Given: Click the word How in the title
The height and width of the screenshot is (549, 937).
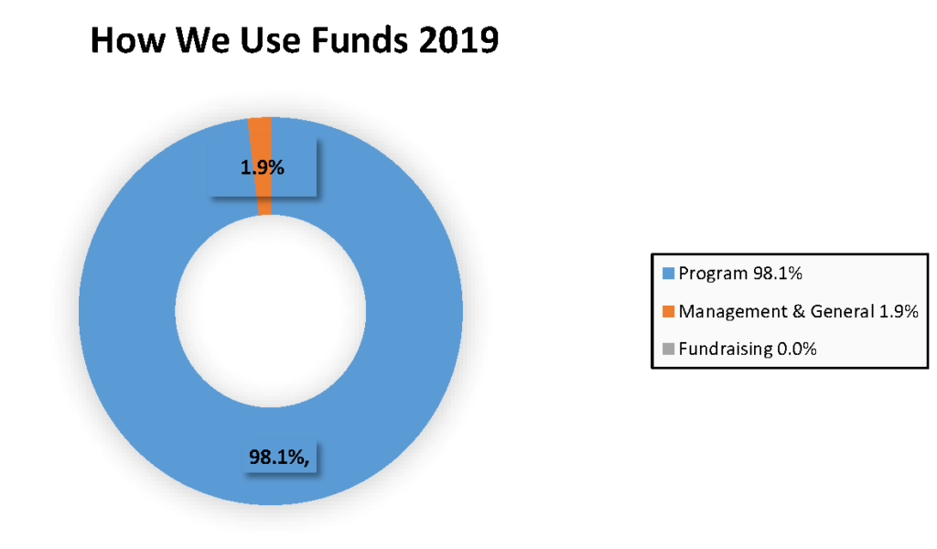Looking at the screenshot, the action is pyautogui.click(x=128, y=40).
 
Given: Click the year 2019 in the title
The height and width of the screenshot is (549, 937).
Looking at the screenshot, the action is pyautogui.click(x=458, y=40).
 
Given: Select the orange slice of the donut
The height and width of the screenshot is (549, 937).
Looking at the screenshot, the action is pyautogui.click(x=262, y=167).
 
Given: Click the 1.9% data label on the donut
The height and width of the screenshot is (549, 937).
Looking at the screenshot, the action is pyautogui.click(x=263, y=167).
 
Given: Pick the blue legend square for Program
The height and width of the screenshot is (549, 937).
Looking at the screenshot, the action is pyautogui.click(x=669, y=274).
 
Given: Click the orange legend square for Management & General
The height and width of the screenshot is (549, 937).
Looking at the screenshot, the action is pyautogui.click(x=669, y=311).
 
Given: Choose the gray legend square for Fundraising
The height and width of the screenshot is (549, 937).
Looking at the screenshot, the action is pyautogui.click(x=669, y=349).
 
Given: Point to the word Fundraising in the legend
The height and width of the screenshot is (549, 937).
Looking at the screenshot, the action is pyautogui.click(x=726, y=350).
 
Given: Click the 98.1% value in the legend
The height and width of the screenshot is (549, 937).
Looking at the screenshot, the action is pyautogui.click(x=778, y=274).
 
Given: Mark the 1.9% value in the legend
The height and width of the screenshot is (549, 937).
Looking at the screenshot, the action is pyautogui.click(x=899, y=311).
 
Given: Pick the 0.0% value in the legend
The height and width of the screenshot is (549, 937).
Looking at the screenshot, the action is pyautogui.click(x=797, y=349).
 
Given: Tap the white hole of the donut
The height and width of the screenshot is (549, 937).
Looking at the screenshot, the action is pyautogui.click(x=270, y=311).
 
